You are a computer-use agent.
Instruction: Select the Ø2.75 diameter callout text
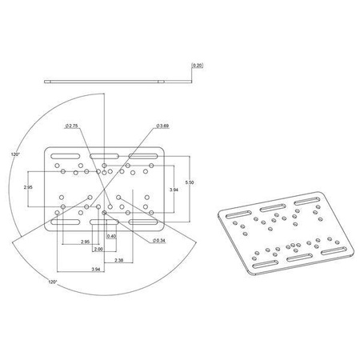71,126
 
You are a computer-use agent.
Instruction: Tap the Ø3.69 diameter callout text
162,126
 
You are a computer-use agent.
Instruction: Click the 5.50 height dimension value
189,183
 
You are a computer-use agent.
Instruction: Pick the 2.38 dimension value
118,261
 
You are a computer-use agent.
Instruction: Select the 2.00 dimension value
98,250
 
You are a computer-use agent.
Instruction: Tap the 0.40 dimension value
111,237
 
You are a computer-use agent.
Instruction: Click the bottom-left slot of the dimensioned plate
66,222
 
